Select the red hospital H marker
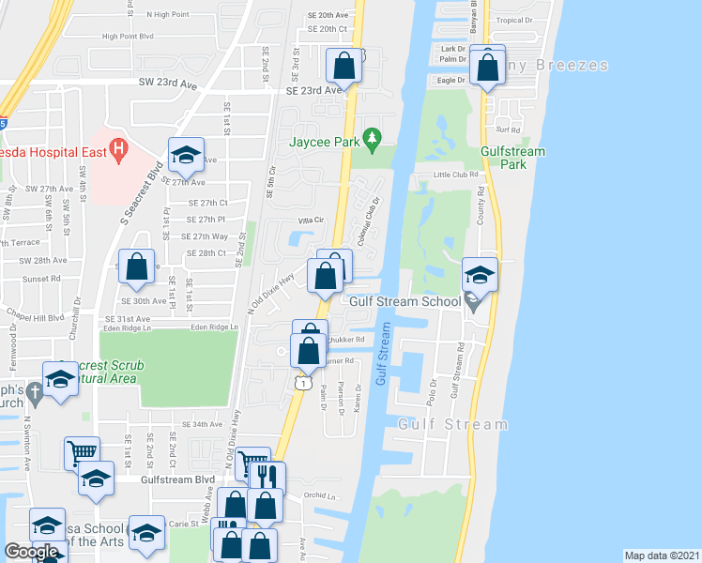point(118,148)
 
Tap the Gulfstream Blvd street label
point(178,479)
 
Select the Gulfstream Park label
point(505,157)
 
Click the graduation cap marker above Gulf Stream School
point(480,275)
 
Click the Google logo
point(32,552)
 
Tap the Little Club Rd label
point(455,175)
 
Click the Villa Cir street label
point(311,220)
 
